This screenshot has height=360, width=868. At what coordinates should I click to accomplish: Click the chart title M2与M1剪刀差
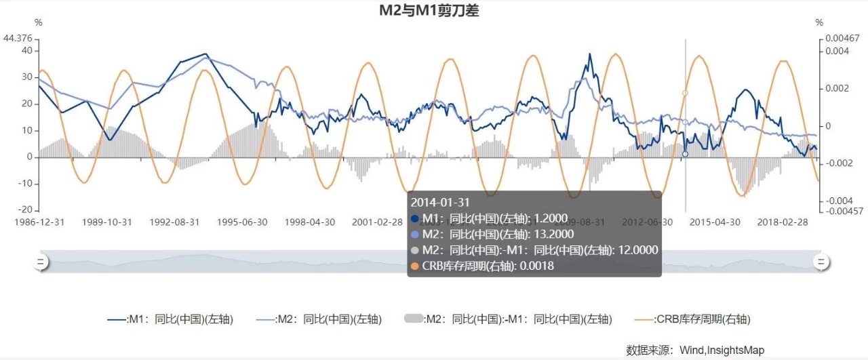(x=429, y=10)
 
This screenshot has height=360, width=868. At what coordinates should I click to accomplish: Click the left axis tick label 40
(x=27, y=50)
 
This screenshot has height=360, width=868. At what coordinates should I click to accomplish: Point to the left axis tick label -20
(x=24, y=210)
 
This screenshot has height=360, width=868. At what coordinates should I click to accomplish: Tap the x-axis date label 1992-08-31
(x=174, y=222)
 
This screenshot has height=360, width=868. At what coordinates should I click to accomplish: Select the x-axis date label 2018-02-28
(x=783, y=222)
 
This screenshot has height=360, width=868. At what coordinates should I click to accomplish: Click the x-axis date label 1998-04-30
(x=309, y=222)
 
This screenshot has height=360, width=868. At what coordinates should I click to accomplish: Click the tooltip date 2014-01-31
(x=441, y=202)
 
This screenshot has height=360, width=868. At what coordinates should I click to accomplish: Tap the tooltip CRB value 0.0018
(x=536, y=266)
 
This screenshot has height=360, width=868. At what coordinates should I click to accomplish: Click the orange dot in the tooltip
(x=415, y=266)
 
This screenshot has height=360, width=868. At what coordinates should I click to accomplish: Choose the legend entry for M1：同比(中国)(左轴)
(x=171, y=319)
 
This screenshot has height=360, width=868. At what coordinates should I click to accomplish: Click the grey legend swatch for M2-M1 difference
(x=413, y=319)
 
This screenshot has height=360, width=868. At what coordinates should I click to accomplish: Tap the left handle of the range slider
(x=40, y=262)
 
